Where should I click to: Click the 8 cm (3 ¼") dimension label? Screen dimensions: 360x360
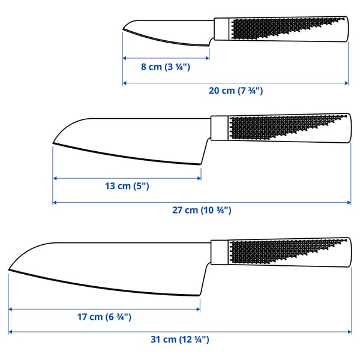[166, 67]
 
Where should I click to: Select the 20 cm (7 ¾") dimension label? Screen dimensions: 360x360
[235, 91]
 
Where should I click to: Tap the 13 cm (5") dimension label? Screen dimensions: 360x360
[127, 186]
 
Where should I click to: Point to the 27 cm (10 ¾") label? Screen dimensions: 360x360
[202, 211]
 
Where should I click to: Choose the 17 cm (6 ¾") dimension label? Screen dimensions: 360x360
[104, 317]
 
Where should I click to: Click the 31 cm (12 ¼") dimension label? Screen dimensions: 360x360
[180, 340]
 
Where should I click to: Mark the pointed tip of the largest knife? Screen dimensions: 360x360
[10, 269]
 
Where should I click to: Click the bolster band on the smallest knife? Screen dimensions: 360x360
[221, 28]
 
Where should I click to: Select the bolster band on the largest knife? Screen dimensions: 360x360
[218, 253]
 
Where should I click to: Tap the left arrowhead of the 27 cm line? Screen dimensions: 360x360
[55, 202]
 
